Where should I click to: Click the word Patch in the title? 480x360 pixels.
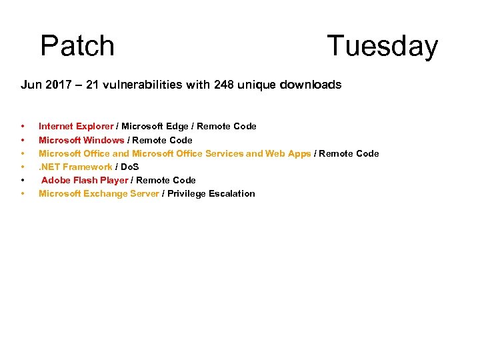pos(77,46)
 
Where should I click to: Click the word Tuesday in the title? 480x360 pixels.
pos(382,46)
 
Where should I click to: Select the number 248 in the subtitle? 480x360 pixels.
pos(224,85)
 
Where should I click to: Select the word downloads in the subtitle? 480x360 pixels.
pos(311,85)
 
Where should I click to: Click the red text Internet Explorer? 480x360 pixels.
pos(76,126)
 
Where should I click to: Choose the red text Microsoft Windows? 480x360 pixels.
pos(81,140)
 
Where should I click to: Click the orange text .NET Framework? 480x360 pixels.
pos(75,167)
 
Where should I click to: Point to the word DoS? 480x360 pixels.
pos(129,167)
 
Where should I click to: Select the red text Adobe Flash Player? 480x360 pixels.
pos(85,180)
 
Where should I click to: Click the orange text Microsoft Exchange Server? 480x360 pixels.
pos(99,193)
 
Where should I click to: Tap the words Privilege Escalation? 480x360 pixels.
pos(211,193)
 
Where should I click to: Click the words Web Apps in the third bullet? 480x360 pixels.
pos(288,153)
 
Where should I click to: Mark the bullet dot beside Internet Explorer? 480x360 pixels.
pos(23,126)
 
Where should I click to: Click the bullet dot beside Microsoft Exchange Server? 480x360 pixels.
pos(23,193)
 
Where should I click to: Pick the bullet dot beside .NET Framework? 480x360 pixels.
pos(23,167)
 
